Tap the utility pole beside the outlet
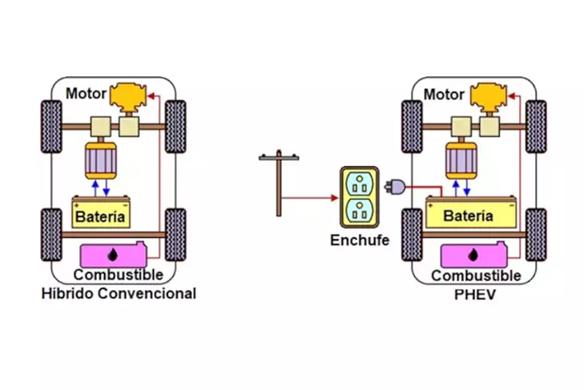pos(278,185)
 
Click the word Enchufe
pos(359,239)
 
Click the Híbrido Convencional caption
pos(119,293)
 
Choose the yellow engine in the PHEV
pos(490,98)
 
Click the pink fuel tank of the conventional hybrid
pos(113,255)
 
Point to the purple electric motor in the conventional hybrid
pos(101,163)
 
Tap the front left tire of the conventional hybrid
pos(50,126)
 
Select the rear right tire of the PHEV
pos(535,235)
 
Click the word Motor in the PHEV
pos(444,94)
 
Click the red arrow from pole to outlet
pos(308,198)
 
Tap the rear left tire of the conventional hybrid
pos(50,235)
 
